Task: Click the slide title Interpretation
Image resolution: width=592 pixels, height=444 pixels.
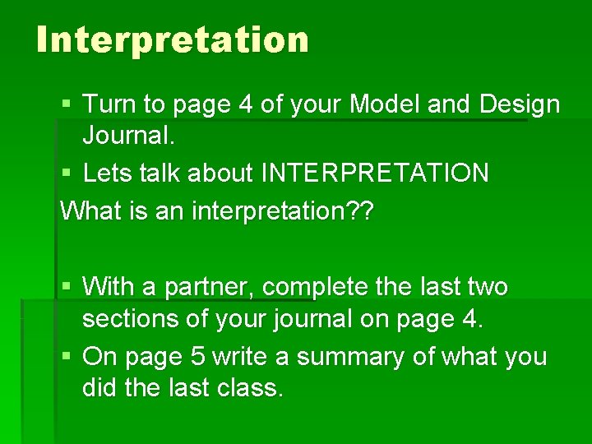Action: coord(173,39)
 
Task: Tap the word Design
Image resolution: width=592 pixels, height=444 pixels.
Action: coord(520,104)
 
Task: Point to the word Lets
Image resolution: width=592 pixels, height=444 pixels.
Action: coord(109,173)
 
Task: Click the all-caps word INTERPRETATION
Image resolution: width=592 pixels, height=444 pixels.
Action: coord(375,173)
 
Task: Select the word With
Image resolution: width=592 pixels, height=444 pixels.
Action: coord(109,287)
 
